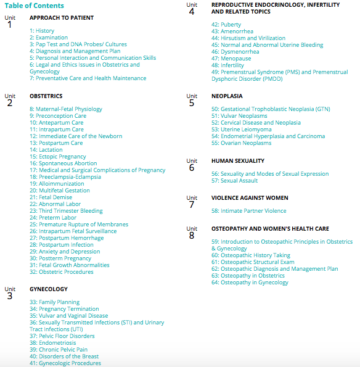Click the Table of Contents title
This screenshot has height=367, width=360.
35,6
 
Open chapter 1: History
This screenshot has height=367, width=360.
42,31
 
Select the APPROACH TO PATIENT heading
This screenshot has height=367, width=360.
62,18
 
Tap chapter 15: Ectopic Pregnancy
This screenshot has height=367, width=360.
58,157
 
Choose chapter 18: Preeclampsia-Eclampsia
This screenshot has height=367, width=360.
67,177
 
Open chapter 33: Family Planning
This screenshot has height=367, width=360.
54,302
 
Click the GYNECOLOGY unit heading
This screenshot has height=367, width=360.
49,289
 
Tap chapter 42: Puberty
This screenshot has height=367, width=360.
226,25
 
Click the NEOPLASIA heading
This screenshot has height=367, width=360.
227,96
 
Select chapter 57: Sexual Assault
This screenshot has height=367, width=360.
235,181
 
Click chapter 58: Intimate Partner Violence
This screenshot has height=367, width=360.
249,211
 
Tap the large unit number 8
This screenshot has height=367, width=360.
192,235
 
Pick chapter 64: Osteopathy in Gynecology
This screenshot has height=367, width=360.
250,282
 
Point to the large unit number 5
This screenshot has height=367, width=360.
192,102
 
